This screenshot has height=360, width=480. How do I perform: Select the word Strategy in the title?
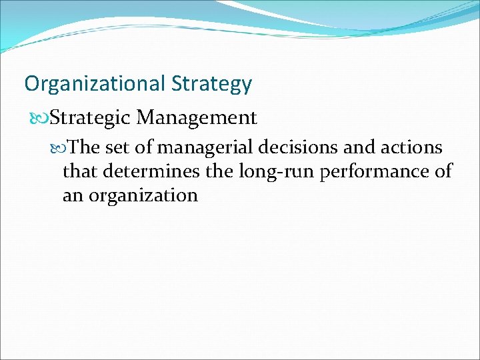[x=211, y=84]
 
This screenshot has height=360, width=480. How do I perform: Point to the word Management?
[x=196, y=118]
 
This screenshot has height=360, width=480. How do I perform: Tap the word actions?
[x=413, y=147]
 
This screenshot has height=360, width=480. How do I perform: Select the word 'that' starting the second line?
[x=79, y=171]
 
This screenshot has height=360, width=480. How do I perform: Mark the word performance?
[x=372, y=171]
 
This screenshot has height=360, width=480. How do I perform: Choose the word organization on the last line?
[x=143, y=195]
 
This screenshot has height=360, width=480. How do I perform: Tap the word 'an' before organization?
[x=73, y=195]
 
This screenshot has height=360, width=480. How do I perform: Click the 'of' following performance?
[x=442, y=171]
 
